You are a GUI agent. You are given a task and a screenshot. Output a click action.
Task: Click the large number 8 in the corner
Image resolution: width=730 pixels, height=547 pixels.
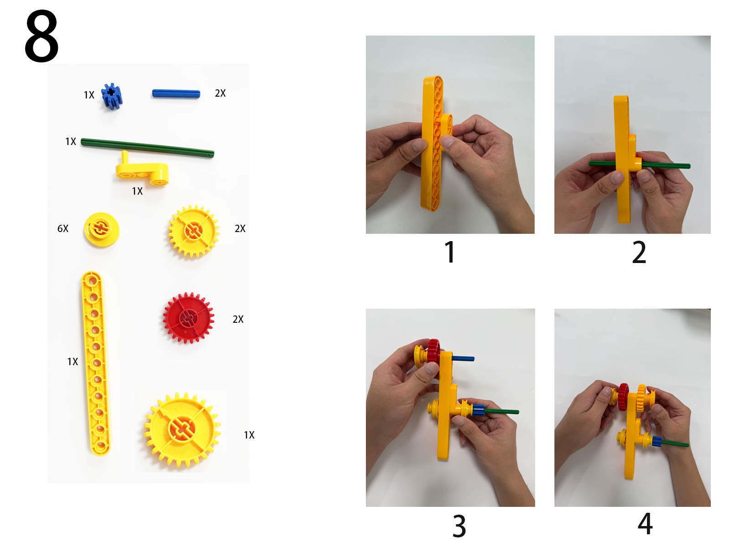point(42,36)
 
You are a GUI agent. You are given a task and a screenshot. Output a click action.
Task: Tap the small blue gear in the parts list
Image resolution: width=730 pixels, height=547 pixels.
point(112,96)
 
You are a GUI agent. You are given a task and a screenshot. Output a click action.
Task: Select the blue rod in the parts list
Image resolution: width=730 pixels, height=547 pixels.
point(176,93)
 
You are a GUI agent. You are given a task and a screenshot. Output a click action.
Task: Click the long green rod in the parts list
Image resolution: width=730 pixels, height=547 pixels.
point(147,148)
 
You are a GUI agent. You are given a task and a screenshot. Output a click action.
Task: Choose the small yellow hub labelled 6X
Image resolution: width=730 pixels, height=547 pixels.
point(101,229)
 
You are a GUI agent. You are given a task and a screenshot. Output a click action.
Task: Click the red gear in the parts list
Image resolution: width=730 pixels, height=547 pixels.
point(188,318)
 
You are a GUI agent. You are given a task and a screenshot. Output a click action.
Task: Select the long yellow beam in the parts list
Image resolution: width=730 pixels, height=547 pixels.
point(95,363)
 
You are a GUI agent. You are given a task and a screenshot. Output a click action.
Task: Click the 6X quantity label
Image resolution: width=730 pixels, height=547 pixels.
point(63,228)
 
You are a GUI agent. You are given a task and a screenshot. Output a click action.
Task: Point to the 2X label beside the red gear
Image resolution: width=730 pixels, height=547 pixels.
point(238,319)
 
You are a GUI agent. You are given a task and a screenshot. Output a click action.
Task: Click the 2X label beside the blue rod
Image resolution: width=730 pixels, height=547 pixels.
point(220,93)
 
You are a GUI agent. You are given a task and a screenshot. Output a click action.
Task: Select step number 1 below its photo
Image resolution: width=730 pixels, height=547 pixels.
point(450,252)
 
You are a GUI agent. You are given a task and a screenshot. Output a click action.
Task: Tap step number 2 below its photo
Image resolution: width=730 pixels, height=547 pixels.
point(639,252)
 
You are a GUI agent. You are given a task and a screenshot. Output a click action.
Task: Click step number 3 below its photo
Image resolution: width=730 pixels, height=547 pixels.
point(459,526)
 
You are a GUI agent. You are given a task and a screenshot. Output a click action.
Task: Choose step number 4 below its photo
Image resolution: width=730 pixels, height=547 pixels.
point(645,523)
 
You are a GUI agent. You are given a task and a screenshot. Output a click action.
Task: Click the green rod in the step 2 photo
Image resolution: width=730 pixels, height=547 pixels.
point(639,165)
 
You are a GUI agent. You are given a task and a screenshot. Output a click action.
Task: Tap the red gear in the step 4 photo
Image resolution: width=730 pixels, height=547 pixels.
point(623,397)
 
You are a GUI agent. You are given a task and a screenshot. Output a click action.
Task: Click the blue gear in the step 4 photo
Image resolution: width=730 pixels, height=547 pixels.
point(657,441)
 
